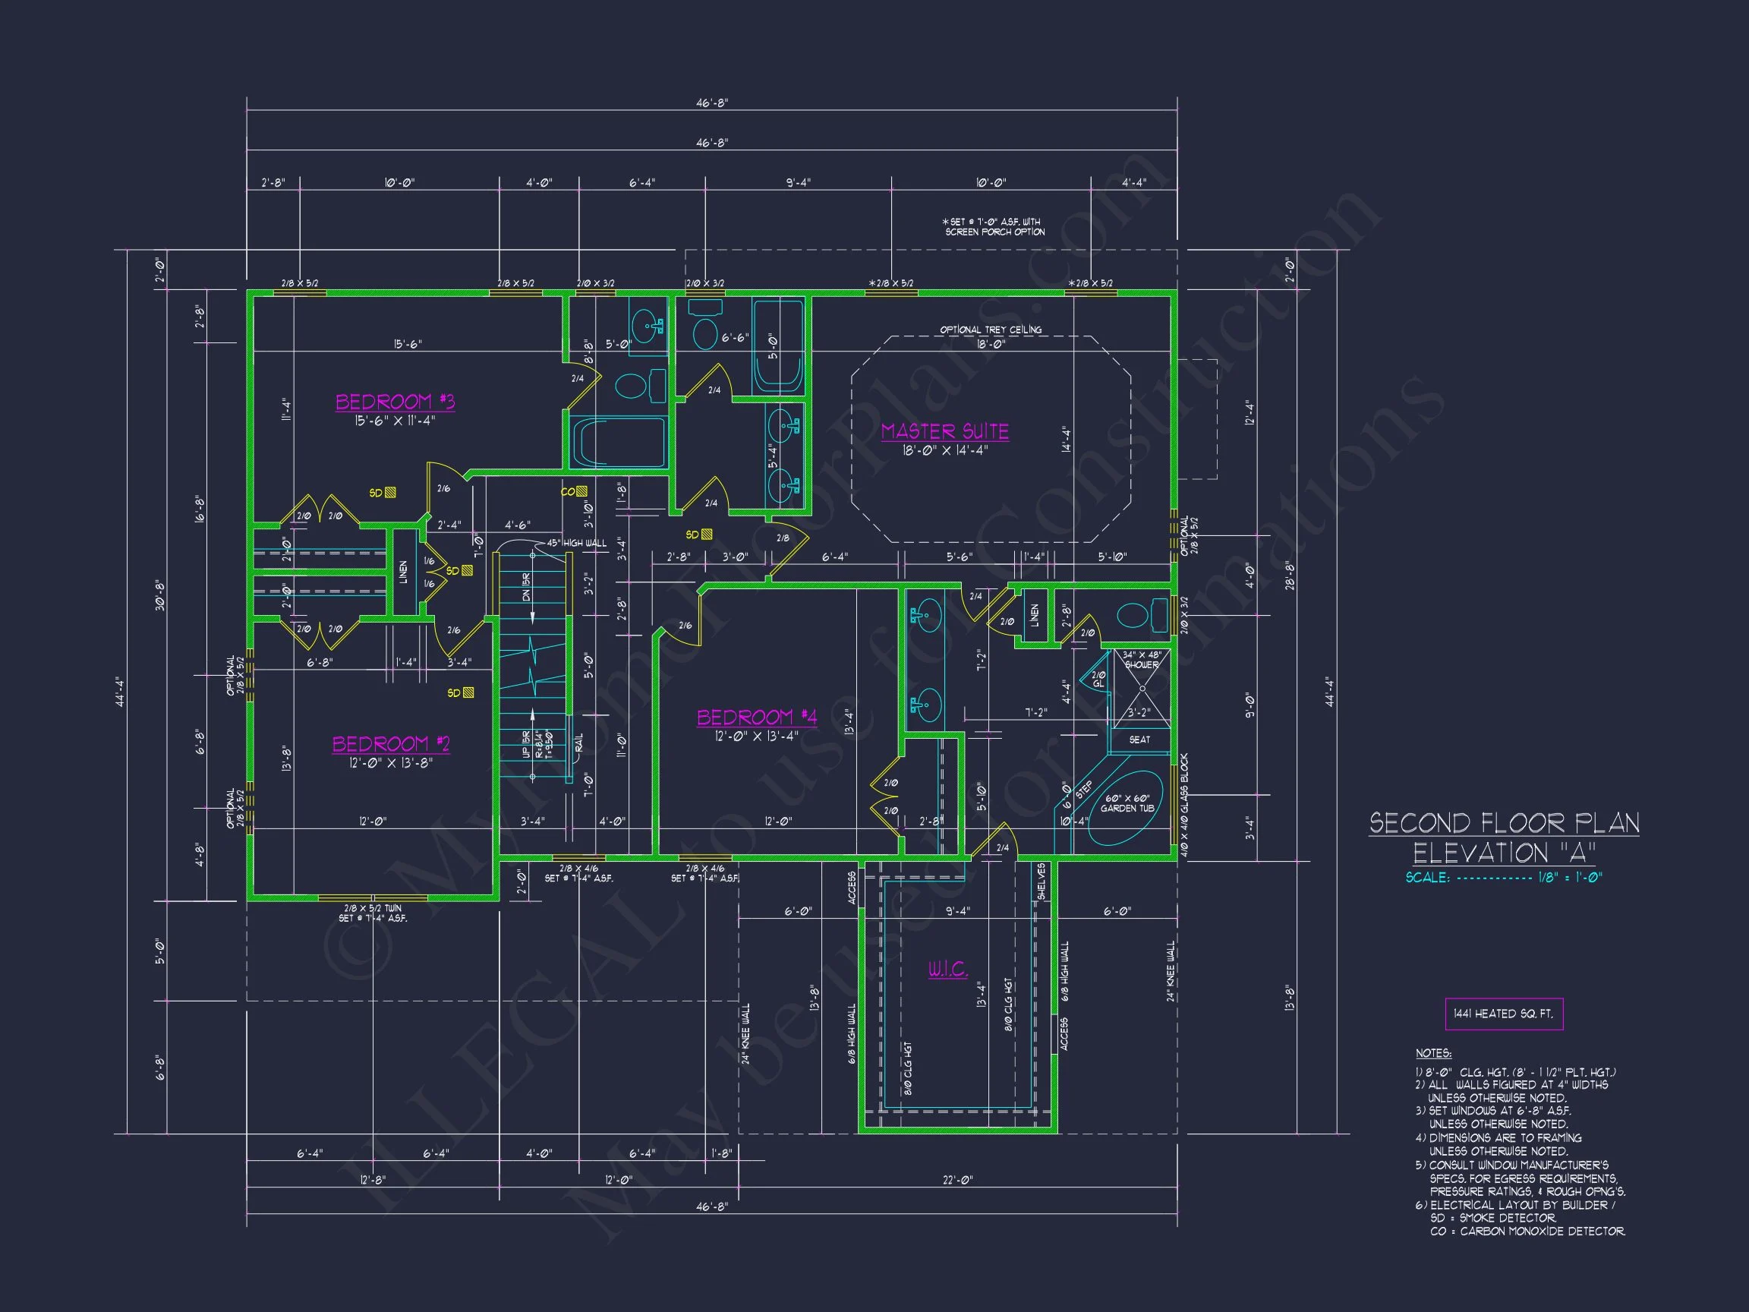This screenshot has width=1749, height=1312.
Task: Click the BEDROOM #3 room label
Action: [x=395, y=402]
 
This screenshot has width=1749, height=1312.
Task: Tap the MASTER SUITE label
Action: [x=945, y=432]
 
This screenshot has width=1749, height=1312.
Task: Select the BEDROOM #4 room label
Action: [x=757, y=717]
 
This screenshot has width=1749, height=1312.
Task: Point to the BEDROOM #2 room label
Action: [x=391, y=744]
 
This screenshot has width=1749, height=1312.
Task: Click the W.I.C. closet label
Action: [x=947, y=969]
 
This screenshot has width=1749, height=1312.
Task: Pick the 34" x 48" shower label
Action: [x=1142, y=660]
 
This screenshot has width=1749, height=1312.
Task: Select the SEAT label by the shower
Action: [x=1139, y=740]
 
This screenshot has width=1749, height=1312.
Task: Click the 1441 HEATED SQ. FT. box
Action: [x=1503, y=1014]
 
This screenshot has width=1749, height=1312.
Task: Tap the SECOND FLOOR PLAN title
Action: [x=1504, y=823]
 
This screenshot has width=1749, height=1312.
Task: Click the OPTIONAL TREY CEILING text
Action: [x=990, y=330]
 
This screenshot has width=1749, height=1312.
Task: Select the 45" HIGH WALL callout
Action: [x=576, y=544]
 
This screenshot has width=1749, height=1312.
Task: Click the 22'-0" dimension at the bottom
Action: [x=956, y=1180]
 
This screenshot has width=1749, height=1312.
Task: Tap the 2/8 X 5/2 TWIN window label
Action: [x=373, y=909]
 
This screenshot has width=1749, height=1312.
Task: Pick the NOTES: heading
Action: [x=1432, y=1053]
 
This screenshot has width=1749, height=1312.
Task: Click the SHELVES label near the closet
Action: [x=1042, y=881]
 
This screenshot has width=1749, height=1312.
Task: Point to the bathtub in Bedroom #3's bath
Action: [x=617, y=443]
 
